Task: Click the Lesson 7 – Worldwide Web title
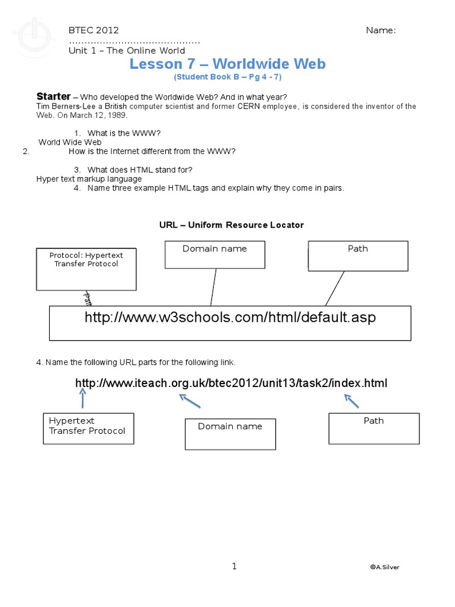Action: (x=227, y=64)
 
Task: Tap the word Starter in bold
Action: (x=53, y=97)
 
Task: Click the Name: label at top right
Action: (x=381, y=31)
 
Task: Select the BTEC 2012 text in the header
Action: (x=94, y=31)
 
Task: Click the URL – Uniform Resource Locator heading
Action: (x=231, y=225)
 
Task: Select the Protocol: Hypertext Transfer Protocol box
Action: (x=86, y=269)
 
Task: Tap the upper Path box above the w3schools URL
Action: (x=358, y=255)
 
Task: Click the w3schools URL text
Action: (x=230, y=318)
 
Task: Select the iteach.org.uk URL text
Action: (x=231, y=384)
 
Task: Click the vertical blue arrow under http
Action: (x=82, y=398)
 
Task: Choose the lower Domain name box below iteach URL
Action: (x=230, y=434)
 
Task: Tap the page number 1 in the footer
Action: (x=234, y=566)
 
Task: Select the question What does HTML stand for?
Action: (x=140, y=170)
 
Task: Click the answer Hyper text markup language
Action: (x=89, y=178)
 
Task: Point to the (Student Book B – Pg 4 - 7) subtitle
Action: (x=227, y=78)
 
